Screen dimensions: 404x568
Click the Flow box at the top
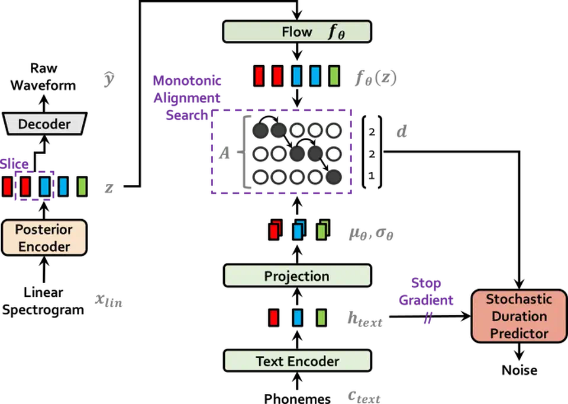[297, 32]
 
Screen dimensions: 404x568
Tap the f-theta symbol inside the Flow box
[337, 32]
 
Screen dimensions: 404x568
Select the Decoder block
[44, 124]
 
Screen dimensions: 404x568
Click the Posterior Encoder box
[44, 238]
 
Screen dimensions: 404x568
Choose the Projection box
[297, 276]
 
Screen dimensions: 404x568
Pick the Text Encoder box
[297, 361]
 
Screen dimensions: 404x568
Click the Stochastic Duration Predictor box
[519, 316]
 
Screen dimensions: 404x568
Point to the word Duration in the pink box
[519, 316]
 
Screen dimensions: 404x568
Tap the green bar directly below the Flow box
[334, 76]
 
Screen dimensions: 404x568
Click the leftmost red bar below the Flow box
[259, 76]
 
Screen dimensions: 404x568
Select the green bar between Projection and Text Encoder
[321, 318]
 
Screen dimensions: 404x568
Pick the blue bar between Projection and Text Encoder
[297, 318]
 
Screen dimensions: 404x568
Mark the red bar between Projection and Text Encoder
[273, 318]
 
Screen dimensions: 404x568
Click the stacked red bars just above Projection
[275, 230]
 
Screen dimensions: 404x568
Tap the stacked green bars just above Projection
[322, 230]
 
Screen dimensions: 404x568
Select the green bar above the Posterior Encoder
[81, 187]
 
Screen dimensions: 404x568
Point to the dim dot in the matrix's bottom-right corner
[334, 177]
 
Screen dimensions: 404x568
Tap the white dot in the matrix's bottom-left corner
[259, 177]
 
